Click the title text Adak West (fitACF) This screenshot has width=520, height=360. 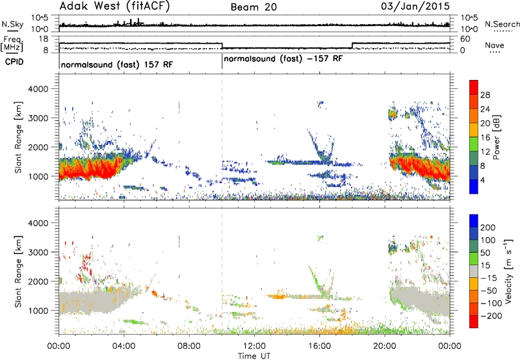click(114, 6)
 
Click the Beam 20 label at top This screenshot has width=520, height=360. click(253, 7)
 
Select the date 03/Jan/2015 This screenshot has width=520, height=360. click(415, 6)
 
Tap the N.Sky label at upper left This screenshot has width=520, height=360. click(12, 24)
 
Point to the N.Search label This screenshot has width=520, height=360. click(502, 24)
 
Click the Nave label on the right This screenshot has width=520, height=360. click(495, 45)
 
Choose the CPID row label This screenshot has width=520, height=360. click(14, 62)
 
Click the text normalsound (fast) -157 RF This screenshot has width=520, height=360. click(283, 59)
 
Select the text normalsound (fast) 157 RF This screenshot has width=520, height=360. click(117, 64)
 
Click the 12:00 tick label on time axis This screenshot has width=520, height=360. click(254, 346)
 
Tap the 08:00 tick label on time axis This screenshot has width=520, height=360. click(189, 346)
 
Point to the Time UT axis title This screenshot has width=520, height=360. click(254, 356)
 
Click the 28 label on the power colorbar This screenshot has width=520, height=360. click(485, 95)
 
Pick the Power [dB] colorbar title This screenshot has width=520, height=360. click(496, 137)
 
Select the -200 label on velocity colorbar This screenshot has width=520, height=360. click(491, 316)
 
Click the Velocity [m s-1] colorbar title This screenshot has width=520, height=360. click(508, 271)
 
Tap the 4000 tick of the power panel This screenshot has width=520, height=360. click(39, 89)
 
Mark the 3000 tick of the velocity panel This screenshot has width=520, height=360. click(39, 252)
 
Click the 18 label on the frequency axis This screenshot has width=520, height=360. click(44, 39)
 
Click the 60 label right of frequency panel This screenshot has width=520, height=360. click(465, 39)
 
